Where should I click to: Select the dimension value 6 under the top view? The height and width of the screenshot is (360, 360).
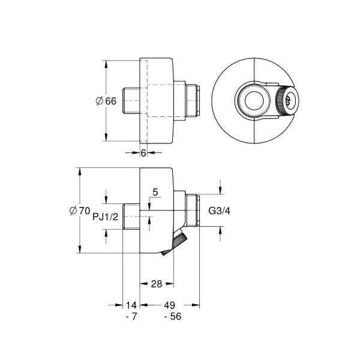(143, 153)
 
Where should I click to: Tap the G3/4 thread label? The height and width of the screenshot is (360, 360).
(218, 211)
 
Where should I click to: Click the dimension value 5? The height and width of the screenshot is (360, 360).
(155, 193)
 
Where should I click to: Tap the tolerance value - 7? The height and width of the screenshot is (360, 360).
(132, 316)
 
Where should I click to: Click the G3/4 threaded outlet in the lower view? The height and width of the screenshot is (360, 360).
(191, 211)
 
